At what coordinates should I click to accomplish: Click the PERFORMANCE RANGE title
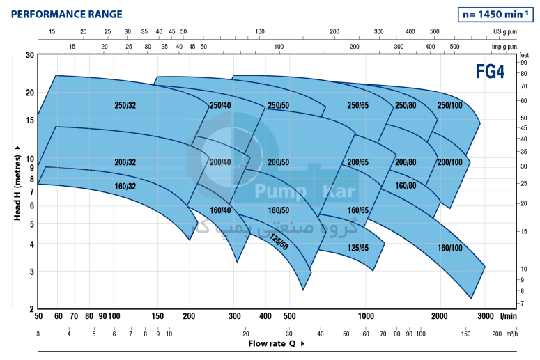[67, 14]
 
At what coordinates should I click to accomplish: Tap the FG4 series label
[491, 72]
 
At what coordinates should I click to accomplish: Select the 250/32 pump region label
[125, 105]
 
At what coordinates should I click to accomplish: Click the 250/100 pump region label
[449, 105]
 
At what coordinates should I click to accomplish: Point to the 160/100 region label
[449, 248]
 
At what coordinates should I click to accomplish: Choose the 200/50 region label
[278, 162]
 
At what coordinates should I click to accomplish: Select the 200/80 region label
[405, 162]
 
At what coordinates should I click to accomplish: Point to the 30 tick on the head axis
[29, 56]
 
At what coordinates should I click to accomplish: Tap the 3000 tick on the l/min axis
[486, 315]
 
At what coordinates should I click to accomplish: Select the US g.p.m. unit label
[507, 32]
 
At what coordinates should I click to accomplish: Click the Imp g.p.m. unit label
[506, 46]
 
